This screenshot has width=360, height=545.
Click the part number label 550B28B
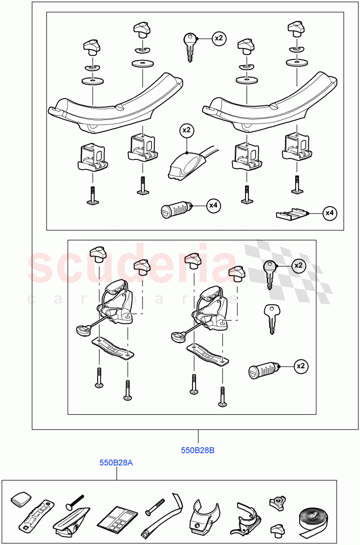(197, 451)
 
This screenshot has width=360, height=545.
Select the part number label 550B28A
(116, 463)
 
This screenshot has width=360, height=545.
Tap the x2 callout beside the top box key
(219, 39)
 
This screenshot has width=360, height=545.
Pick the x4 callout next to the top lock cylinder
(213, 206)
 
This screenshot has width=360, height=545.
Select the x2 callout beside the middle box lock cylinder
(300, 366)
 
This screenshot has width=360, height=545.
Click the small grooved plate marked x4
(291, 213)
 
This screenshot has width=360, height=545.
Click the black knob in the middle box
(98, 253)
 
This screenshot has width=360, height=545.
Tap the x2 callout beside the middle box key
(298, 265)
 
